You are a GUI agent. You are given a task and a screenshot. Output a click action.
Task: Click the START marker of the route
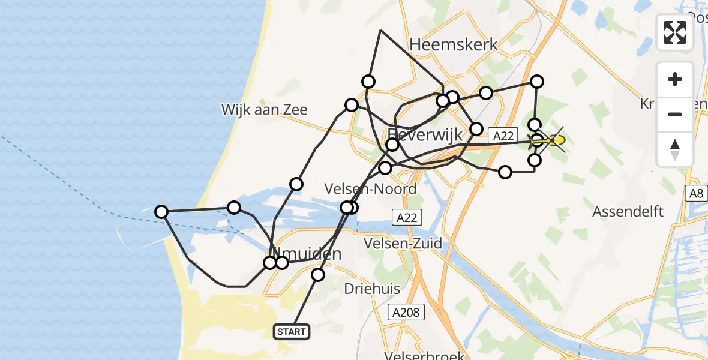click(x=292, y=331)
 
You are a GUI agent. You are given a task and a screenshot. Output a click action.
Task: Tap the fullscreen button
click(x=675, y=32)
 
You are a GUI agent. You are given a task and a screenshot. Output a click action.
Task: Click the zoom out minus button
click(x=675, y=114)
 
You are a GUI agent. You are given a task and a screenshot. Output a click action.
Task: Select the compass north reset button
click(x=675, y=149)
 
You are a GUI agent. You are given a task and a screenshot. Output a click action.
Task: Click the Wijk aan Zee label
click(x=264, y=109)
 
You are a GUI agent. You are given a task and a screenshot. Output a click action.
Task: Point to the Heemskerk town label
click(x=454, y=44)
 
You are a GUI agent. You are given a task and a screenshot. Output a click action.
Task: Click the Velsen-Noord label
click(x=370, y=189)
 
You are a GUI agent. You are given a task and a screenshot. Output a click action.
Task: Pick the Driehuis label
click(x=372, y=289)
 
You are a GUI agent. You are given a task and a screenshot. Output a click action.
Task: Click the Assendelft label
click(x=628, y=211)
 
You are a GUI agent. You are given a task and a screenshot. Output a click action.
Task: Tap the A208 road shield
click(x=407, y=312)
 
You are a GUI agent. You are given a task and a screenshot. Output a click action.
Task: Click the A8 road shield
click(x=696, y=193)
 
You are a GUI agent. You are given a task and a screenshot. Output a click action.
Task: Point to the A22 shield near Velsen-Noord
click(x=407, y=216)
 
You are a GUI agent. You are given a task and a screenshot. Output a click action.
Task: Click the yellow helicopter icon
click(x=554, y=140)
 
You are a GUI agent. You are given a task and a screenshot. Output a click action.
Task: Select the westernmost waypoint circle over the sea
click(x=161, y=211)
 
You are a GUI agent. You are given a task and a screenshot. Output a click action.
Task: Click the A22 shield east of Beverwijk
click(x=502, y=136)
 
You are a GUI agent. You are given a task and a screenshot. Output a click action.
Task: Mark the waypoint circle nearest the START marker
click(x=318, y=275)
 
